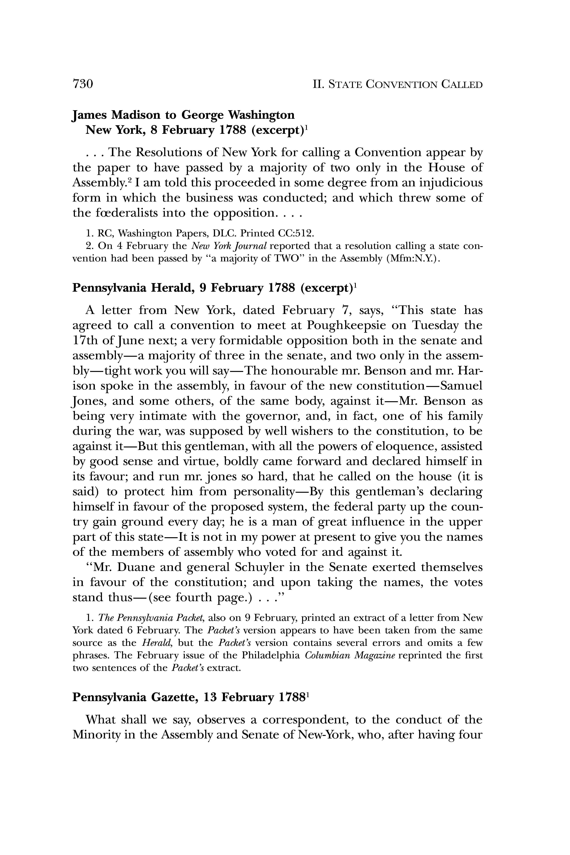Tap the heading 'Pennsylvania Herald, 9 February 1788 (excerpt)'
coord(215,288)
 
